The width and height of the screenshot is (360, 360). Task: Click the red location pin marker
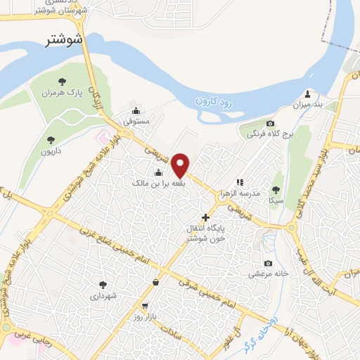[x=181, y=165]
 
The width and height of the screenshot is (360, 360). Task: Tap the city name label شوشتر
[x=63, y=39]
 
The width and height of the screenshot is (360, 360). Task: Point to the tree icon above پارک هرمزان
[x=61, y=82]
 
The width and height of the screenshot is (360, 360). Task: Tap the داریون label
[x=51, y=150]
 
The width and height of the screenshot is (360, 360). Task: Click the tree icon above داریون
[x=51, y=140]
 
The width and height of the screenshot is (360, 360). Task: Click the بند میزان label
[x=308, y=105]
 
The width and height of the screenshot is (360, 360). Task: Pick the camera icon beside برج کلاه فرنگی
[x=270, y=123]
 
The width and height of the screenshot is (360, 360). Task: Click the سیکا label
[x=275, y=200]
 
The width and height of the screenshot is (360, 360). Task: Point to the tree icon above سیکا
[x=275, y=190]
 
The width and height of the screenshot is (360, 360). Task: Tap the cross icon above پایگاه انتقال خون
[x=205, y=218]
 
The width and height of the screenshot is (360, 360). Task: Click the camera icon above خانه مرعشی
[x=267, y=263]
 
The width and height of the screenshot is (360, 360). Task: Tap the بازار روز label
[x=146, y=318]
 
